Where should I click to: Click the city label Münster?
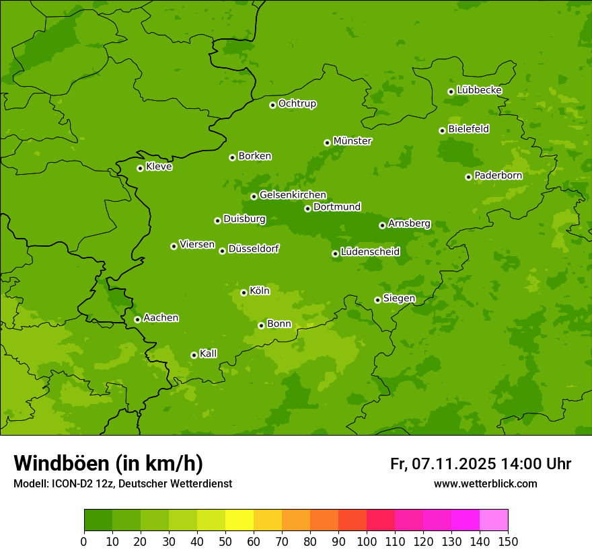[x=353, y=141]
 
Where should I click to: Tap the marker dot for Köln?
[x=244, y=292]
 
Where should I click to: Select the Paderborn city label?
[x=498, y=175]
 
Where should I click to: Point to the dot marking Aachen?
[x=137, y=319]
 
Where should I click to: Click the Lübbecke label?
[x=480, y=90]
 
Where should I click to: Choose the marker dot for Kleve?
[x=140, y=168]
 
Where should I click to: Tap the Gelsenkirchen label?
[x=293, y=195]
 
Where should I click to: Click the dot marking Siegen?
[x=377, y=300]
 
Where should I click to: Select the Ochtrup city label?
[x=297, y=104]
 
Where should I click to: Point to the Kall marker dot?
[x=194, y=355]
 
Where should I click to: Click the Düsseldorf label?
[x=254, y=249]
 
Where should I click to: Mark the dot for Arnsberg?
[x=382, y=225]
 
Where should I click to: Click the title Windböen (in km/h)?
[x=108, y=463]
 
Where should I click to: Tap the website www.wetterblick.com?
[x=485, y=483]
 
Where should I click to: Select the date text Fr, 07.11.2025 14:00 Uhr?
[x=480, y=464]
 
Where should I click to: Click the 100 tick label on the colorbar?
[x=367, y=541]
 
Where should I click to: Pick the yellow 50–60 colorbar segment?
[x=239, y=520]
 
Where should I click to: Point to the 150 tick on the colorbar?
[x=508, y=541]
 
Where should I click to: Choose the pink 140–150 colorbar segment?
[x=494, y=520]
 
